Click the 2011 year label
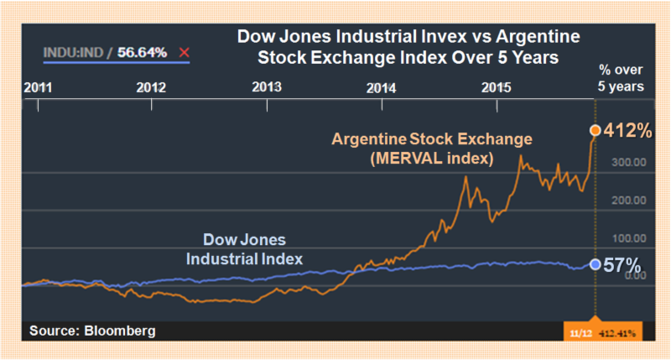pos(39,87)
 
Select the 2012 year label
pos(151,87)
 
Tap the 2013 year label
pos(267,87)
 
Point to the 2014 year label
pos(382,87)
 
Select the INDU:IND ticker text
pos(74,53)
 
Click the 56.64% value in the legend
pos(142,53)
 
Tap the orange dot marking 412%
pos(595,130)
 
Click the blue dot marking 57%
pos(595,264)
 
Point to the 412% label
pos(626,130)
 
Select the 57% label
pos(621,264)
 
